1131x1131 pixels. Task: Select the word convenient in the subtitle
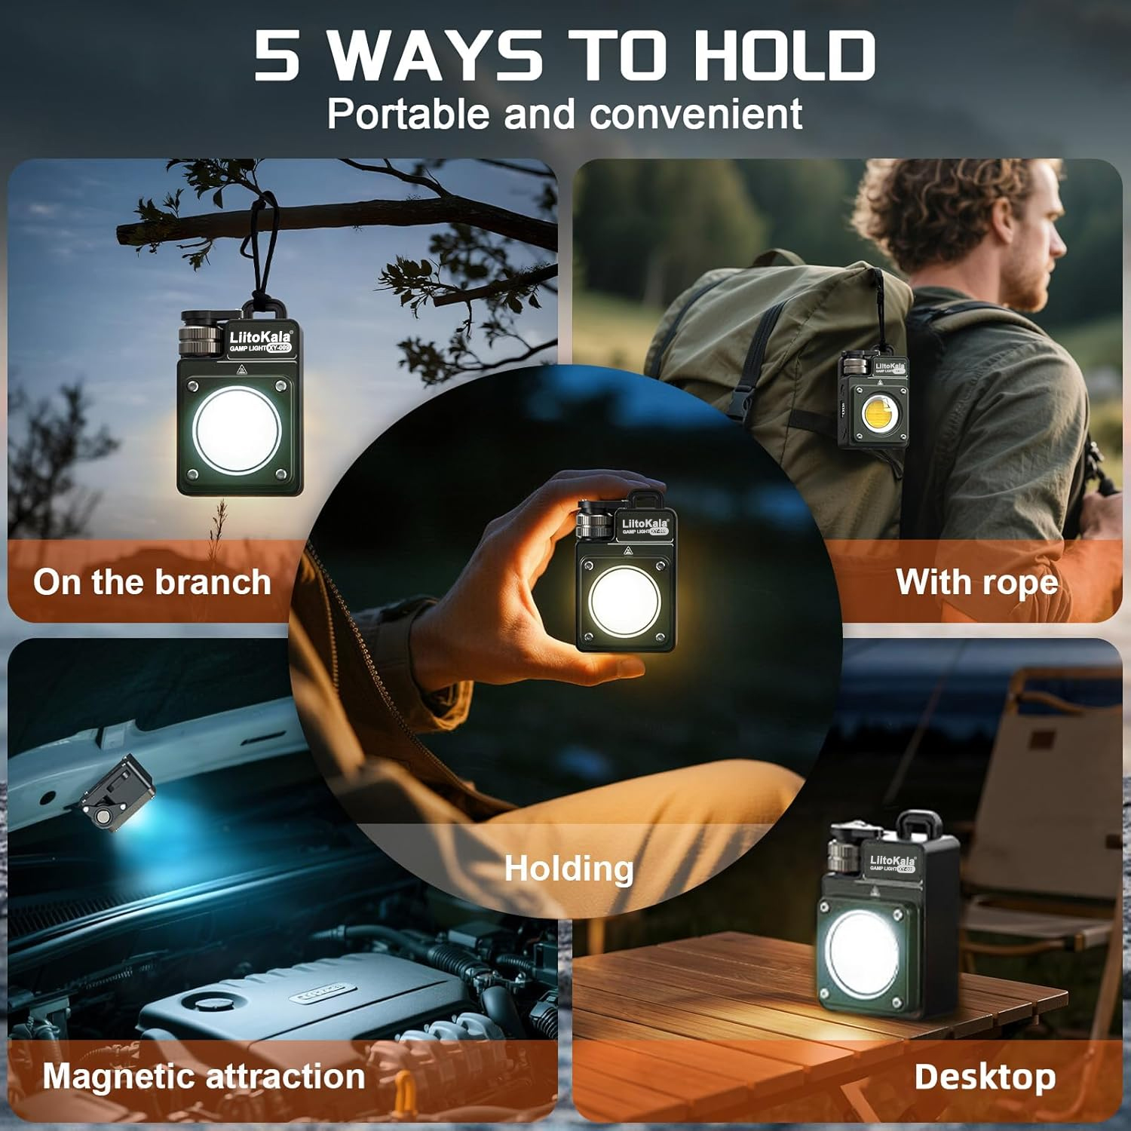point(696,115)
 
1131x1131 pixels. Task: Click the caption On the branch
point(152,582)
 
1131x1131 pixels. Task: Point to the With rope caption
point(977,582)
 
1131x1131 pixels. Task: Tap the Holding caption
point(569,868)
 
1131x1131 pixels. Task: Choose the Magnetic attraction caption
point(204,1076)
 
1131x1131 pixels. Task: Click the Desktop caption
point(985,1077)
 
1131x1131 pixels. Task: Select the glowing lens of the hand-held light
point(624,601)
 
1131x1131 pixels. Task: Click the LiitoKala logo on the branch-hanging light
point(259,337)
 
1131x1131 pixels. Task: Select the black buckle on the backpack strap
point(743,397)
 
